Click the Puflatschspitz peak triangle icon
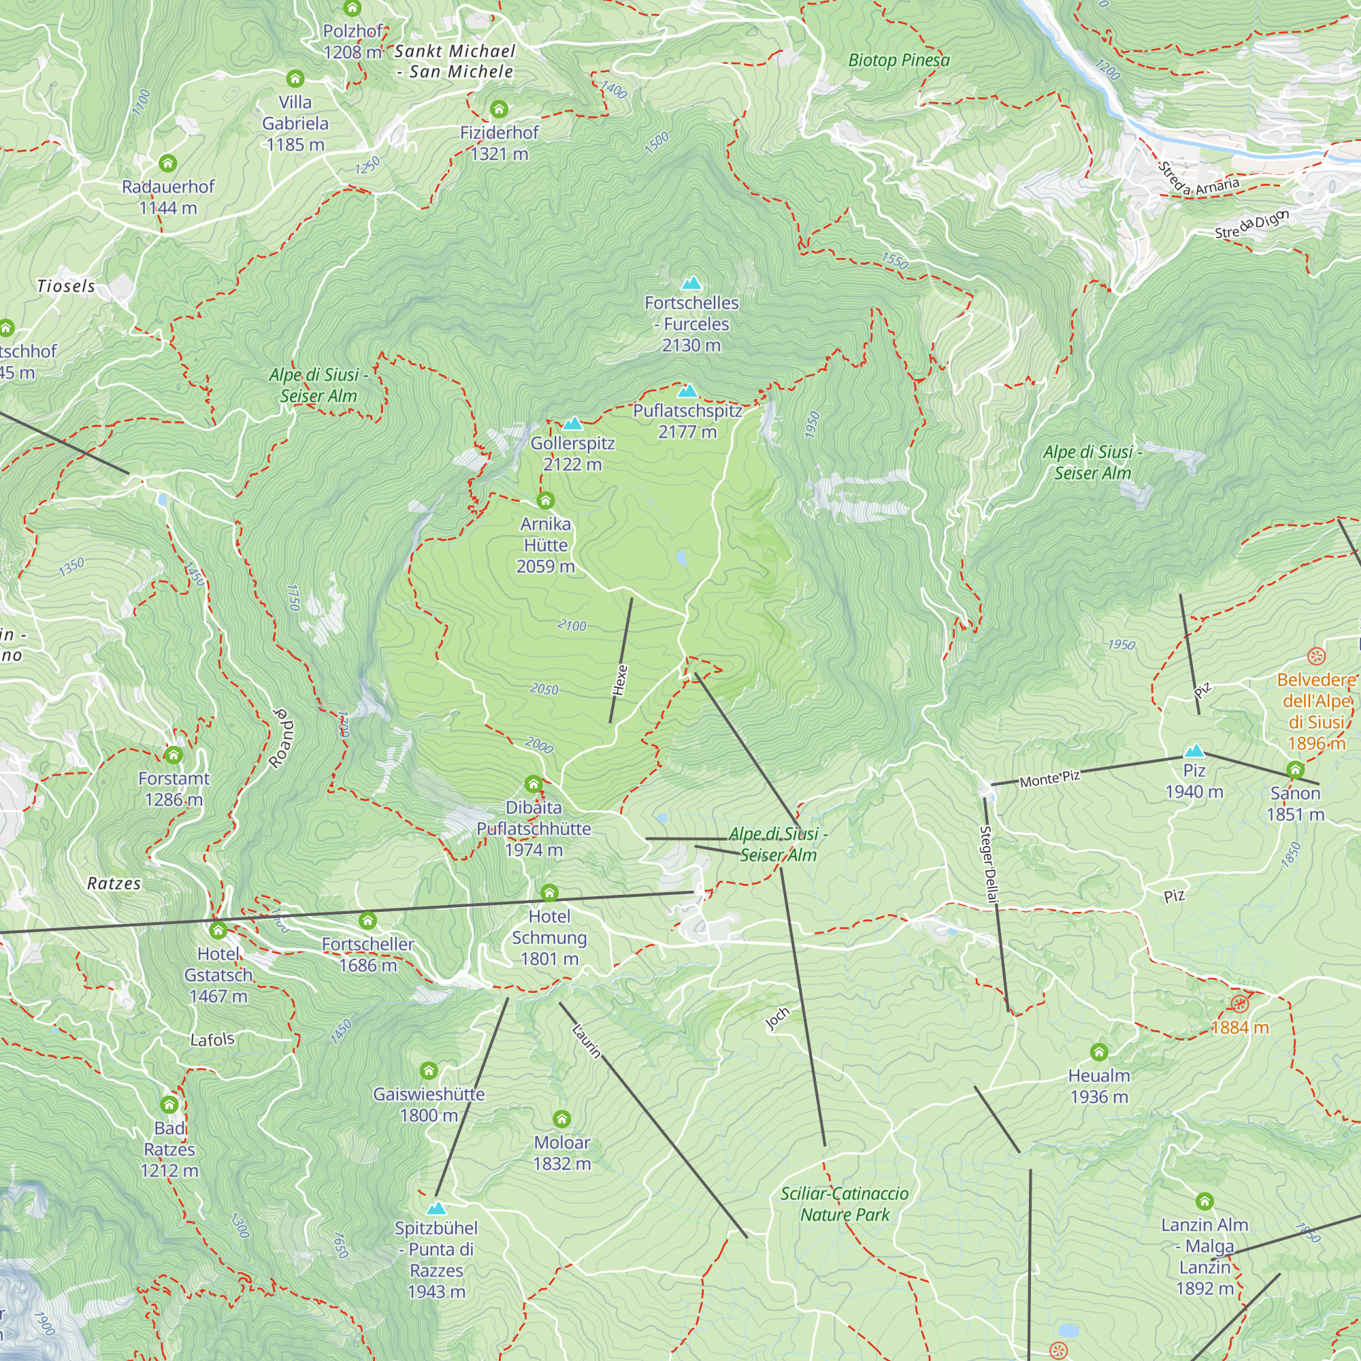687,391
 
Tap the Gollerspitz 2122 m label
572,454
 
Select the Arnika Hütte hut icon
545,501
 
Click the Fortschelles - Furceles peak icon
692,283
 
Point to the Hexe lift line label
620,680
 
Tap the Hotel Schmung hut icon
548,893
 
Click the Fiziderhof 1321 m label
499,143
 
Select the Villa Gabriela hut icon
295,78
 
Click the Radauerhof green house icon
167,163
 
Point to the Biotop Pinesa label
898,61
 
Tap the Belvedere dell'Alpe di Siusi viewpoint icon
1316,657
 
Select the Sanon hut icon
1295,769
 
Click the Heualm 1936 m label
1098,1085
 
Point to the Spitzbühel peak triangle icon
436,1208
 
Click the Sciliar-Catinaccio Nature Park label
844,1204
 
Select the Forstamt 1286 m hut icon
174,755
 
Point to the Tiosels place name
65,286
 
